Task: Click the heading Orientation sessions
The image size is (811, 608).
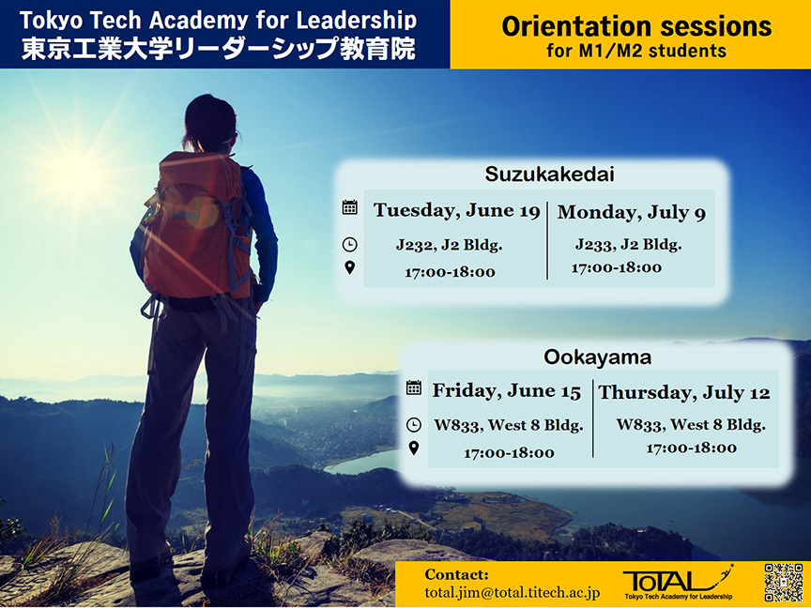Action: pos(636,26)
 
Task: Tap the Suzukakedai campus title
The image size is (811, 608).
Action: pos(549,175)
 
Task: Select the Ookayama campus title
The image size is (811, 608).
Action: pos(597,357)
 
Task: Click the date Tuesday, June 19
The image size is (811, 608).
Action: pos(457,210)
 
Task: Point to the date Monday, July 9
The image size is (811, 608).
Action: pos(632,212)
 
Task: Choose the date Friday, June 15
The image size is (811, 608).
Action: pos(507,391)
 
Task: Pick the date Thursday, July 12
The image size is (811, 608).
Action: pos(684,392)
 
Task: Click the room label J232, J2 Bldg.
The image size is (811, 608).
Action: pos(449,245)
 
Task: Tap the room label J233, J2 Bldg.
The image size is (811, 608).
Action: pos(628,244)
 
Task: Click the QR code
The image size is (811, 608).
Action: pos(784,583)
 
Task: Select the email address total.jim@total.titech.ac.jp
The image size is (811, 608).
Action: pos(513,592)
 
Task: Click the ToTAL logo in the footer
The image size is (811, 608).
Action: pos(678,582)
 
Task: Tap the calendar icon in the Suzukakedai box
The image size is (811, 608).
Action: pos(349,207)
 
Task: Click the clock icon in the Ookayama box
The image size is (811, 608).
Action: pos(414,425)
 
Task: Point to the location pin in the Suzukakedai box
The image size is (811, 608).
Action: pos(349,267)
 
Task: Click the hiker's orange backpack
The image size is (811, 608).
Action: pos(196,227)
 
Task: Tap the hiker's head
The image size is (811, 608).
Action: pos(209,122)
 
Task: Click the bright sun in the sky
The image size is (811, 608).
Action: pos(78,171)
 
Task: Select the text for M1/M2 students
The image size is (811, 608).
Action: pos(636,52)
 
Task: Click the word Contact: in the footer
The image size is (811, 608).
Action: pos(456,574)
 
